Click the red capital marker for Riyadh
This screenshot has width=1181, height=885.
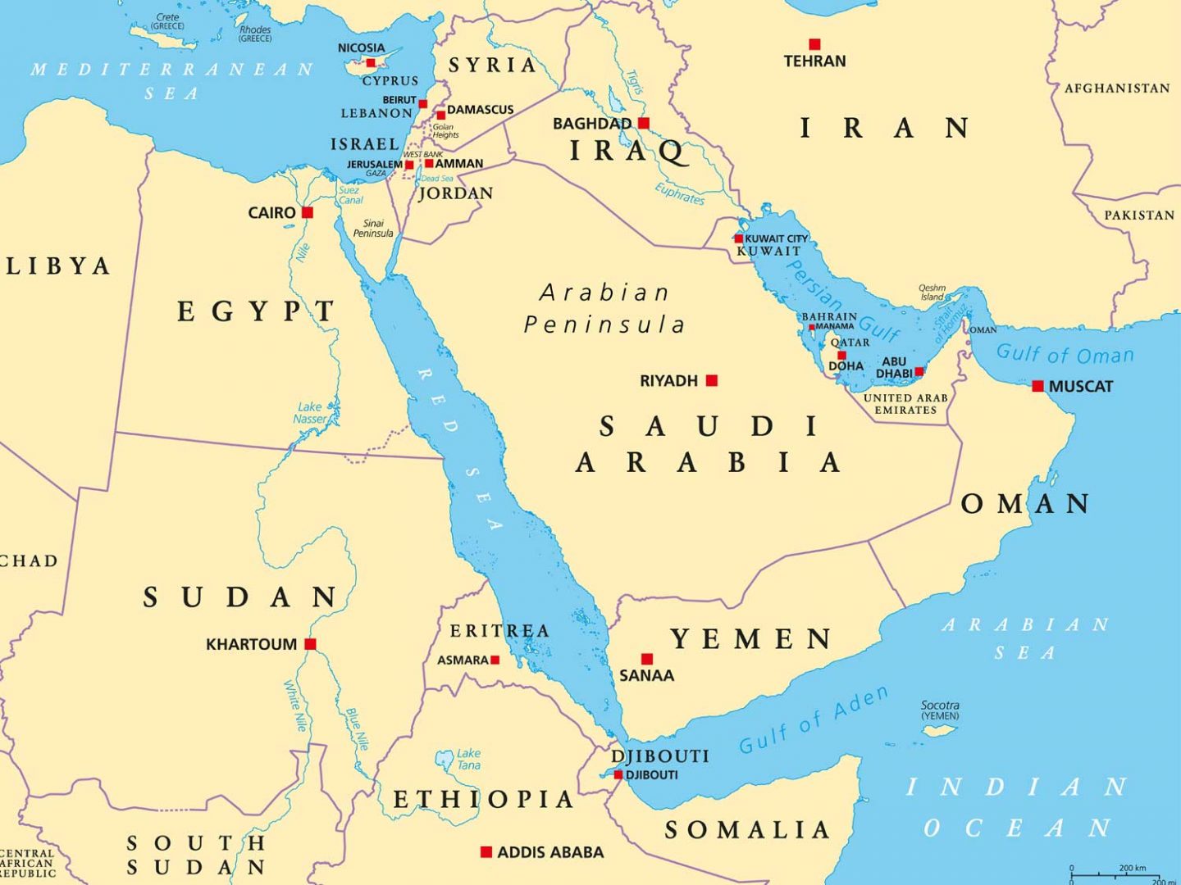pyautogui.click(x=712, y=380)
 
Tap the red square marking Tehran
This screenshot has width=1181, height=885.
pyautogui.click(x=814, y=44)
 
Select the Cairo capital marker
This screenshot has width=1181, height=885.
pyautogui.click(x=308, y=212)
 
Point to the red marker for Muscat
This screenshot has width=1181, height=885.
pyautogui.click(x=1037, y=386)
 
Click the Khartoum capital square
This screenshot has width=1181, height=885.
pyautogui.click(x=310, y=644)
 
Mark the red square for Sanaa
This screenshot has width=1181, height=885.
pyautogui.click(x=647, y=659)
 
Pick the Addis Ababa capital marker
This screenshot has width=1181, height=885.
pyautogui.click(x=486, y=852)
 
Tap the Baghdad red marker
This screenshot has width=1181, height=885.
pyautogui.click(x=644, y=124)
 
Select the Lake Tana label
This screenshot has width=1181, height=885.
pyautogui.click(x=468, y=759)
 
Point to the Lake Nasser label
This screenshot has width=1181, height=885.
pyautogui.click(x=310, y=412)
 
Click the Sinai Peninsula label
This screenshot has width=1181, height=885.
pyautogui.click(x=373, y=228)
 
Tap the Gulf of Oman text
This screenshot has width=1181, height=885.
pyautogui.click(x=1065, y=354)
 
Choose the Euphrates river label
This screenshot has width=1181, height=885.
pyautogui.click(x=680, y=193)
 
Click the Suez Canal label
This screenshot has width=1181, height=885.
pyautogui.click(x=350, y=195)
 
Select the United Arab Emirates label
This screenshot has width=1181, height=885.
pyautogui.click(x=905, y=403)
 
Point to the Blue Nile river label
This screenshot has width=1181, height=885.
pyautogui.click(x=358, y=729)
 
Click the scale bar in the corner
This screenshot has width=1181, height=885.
pyautogui.click(x=1124, y=874)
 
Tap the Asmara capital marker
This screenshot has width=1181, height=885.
pyautogui.click(x=495, y=660)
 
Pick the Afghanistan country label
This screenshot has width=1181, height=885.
pyautogui.click(x=1117, y=88)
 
